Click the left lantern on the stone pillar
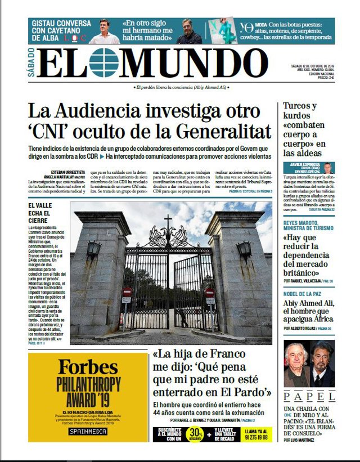click(93, 248)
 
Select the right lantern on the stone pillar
click(244, 248)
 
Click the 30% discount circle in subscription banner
click(196, 434)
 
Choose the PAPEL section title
click(309, 396)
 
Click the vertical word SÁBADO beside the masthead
click(31, 63)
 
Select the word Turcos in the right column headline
click(300, 106)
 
